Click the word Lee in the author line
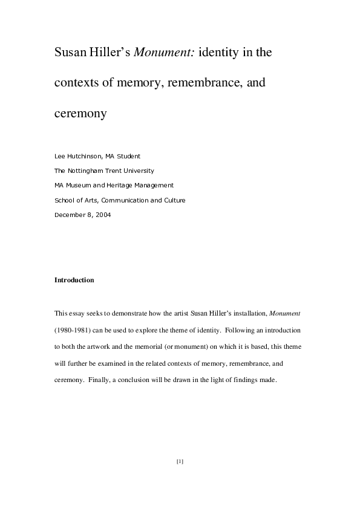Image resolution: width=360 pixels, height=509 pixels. (59, 157)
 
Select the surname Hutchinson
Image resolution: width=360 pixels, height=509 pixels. (85, 157)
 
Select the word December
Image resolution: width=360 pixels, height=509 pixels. (68, 214)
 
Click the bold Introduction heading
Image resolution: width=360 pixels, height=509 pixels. (74, 280)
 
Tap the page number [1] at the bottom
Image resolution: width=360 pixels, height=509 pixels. (180, 461)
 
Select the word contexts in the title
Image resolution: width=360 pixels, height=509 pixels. (76, 83)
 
